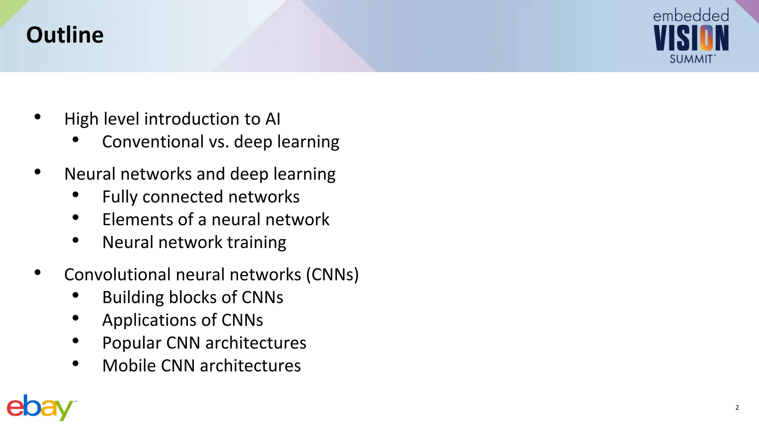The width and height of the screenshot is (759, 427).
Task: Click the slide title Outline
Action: click(x=65, y=35)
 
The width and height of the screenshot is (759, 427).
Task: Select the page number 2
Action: click(x=737, y=408)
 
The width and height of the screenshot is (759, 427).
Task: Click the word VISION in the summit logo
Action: click(x=691, y=38)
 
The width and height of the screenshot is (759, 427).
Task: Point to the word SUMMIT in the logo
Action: click(x=691, y=59)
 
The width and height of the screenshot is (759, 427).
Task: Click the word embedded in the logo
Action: click(x=691, y=16)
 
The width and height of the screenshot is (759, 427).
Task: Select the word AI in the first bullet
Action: click(x=273, y=119)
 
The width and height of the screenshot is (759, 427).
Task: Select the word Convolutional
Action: click(x=117, y=275)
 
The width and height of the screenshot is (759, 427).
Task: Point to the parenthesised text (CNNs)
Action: click(x=332, y=275)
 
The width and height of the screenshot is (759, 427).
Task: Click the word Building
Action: click(x=133, y=298)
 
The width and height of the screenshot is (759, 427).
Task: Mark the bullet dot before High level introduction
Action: click(x=37, y=117)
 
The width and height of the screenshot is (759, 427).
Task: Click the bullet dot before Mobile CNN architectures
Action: click(x=76, y=364)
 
